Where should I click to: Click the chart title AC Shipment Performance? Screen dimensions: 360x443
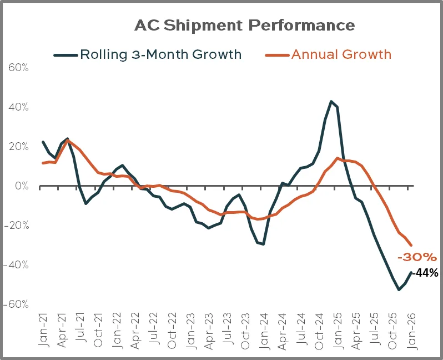(245, 26)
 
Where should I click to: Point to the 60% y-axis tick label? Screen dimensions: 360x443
(18, 67)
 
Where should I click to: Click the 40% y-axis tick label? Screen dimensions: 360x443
(18, 107)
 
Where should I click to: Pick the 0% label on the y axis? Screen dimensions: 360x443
(21, 186)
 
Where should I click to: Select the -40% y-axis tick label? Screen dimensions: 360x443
(17, 264)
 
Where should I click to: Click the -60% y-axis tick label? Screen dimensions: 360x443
(17, 304)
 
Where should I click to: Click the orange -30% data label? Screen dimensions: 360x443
(417, 257)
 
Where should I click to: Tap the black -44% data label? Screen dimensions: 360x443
(425, 273)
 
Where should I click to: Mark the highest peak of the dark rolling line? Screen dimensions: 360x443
(331, 101)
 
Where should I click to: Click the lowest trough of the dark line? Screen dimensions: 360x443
(399, 289)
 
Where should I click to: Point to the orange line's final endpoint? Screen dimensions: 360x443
(411, 245)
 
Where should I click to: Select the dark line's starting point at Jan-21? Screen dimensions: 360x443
(43, 142)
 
